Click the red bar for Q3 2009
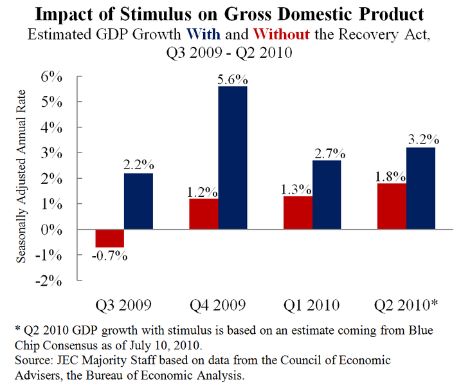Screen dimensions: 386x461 tap(110, 238)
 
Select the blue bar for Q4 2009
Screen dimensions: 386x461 tap(233, 158)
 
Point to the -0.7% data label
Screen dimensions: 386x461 tap(110, 255)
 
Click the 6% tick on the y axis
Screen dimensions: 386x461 tap(52, 77)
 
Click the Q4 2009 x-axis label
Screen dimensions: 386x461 tap(219, 304)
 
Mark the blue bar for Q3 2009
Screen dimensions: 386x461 tap(138, 201)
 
